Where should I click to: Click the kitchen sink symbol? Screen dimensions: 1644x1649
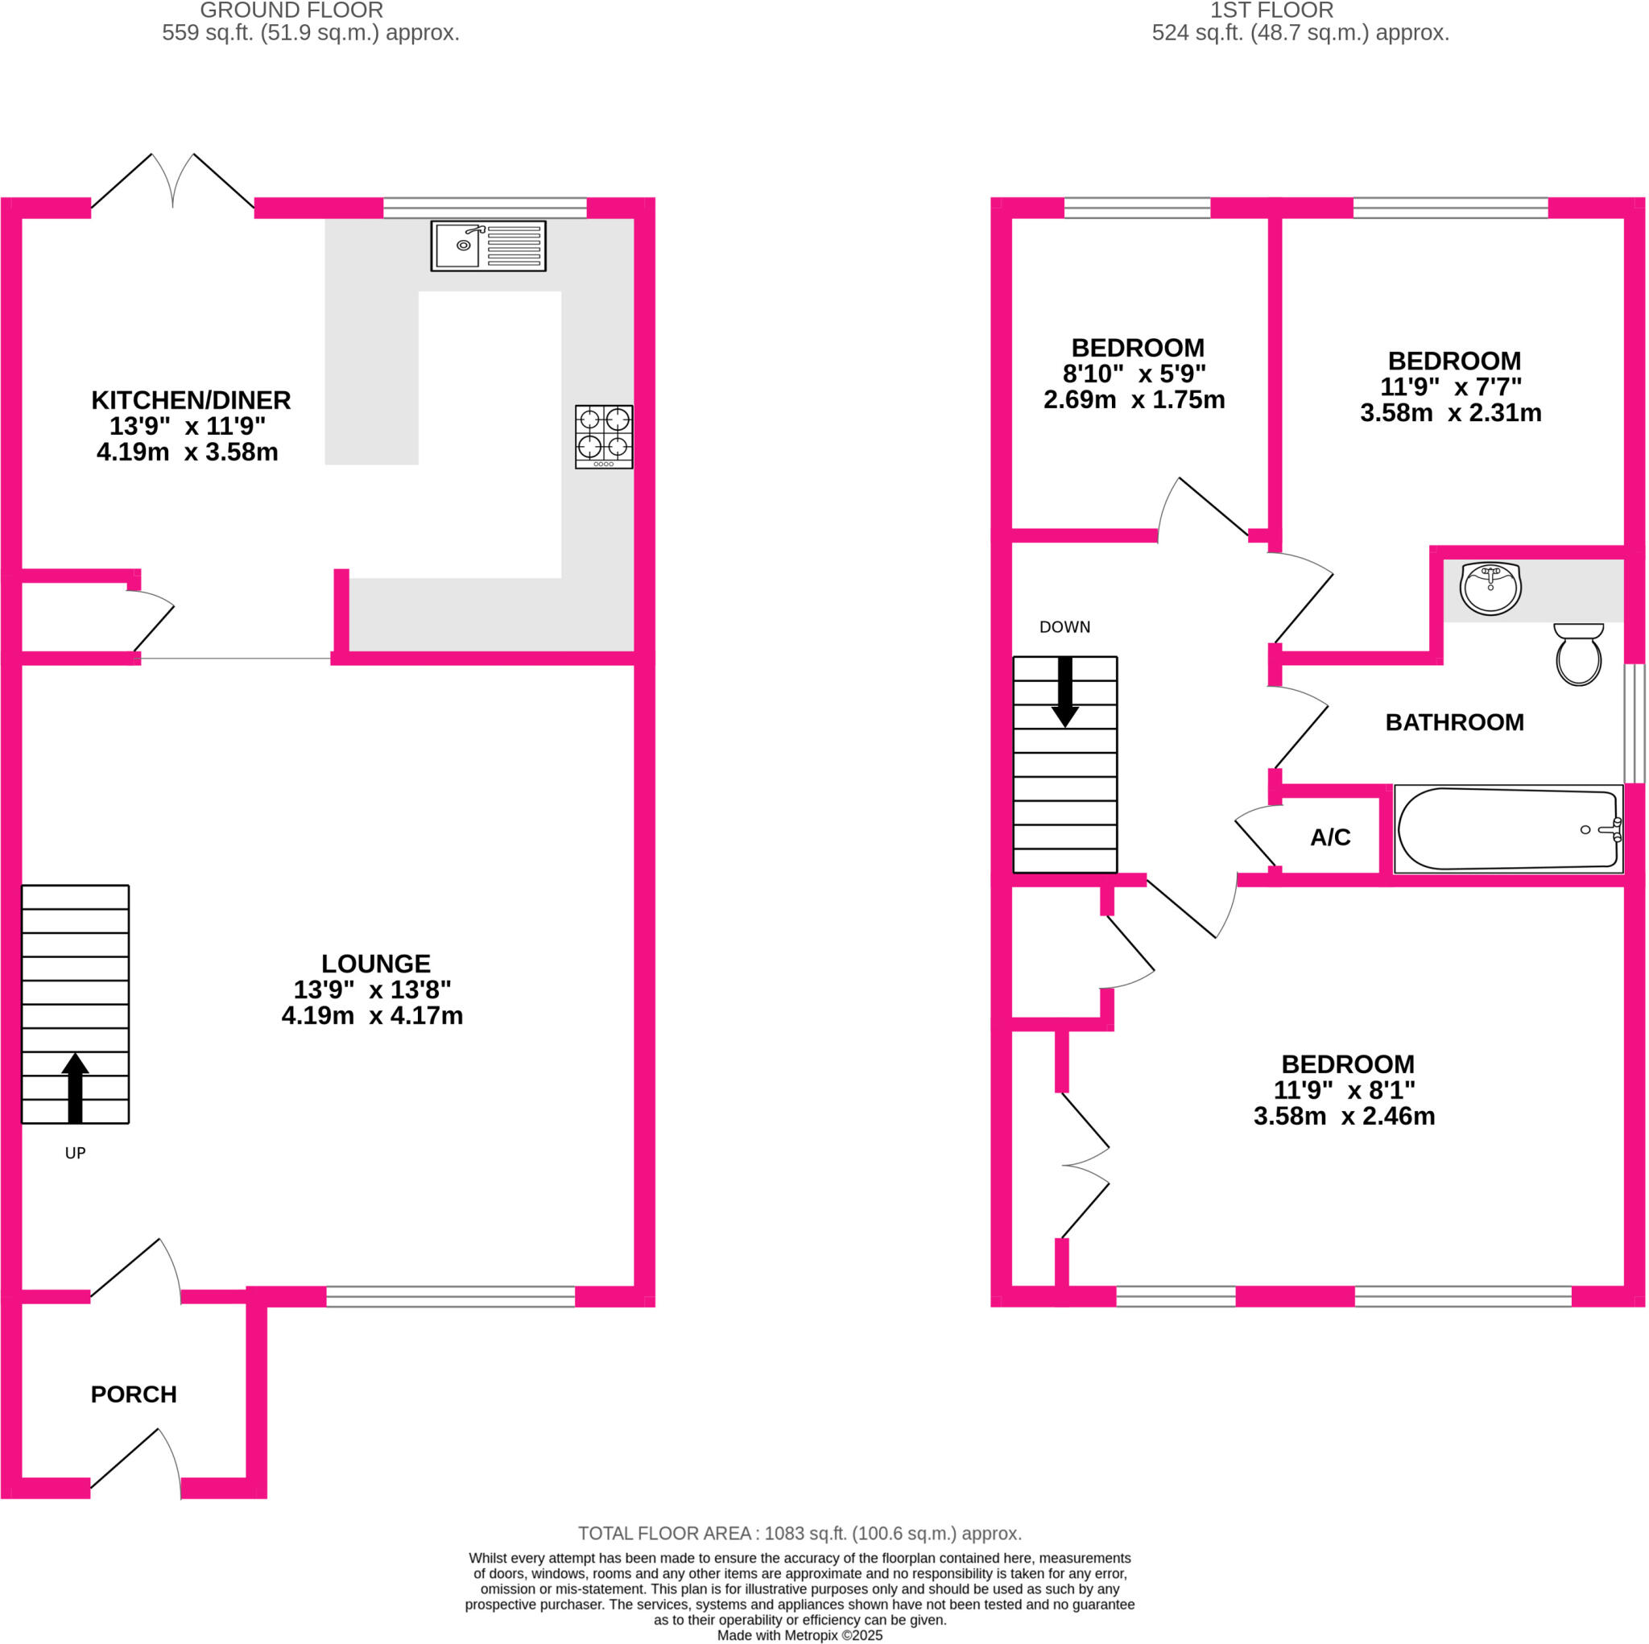(x=487, y=246)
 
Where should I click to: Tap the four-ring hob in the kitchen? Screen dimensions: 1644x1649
(x=603, y=436)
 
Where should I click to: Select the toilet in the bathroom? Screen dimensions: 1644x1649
(x=1577, y=655)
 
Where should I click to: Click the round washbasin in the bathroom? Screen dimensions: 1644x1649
(x=1490, y=588)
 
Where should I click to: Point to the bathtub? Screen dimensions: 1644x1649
(x=1507, y=828)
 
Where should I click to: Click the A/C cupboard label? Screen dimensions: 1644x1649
(x=1330, y=837)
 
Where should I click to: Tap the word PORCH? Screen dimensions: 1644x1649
(x=134, y=1394)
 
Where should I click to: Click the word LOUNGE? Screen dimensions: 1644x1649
(x=375, y=964)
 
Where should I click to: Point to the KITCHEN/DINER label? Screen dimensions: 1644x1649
(x=191, y=399)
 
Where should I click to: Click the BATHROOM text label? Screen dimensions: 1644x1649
(x=1453, y=722)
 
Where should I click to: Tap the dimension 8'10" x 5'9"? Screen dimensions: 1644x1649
(x=1134, y=374)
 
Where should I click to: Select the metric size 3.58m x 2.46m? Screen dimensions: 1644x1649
(x=1344, y=1117)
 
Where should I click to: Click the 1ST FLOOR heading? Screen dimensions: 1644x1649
(x=1271, y=11)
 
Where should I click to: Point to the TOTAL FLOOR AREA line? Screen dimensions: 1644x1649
(x=799, y=1533)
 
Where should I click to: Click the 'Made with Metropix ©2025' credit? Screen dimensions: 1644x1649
(x=799, y=1635)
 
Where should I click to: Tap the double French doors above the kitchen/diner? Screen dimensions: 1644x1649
(x=172, y=182)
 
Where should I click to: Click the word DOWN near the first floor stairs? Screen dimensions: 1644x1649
(x=1064, y=627)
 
